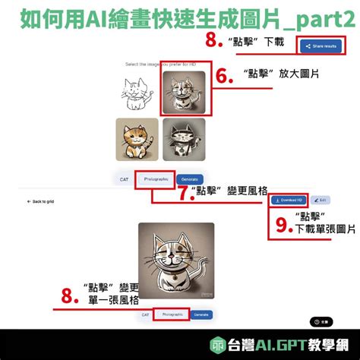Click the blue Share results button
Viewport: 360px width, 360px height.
coord(319,46)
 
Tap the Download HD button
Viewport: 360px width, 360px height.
coord(289,201)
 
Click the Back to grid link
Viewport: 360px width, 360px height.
coord(42,201)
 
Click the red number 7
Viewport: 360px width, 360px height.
coord(182,193)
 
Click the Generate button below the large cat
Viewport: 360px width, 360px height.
coord(201,314)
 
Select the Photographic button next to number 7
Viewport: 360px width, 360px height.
coord(155,179)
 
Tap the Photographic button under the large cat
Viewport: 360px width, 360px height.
coord(171,314)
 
